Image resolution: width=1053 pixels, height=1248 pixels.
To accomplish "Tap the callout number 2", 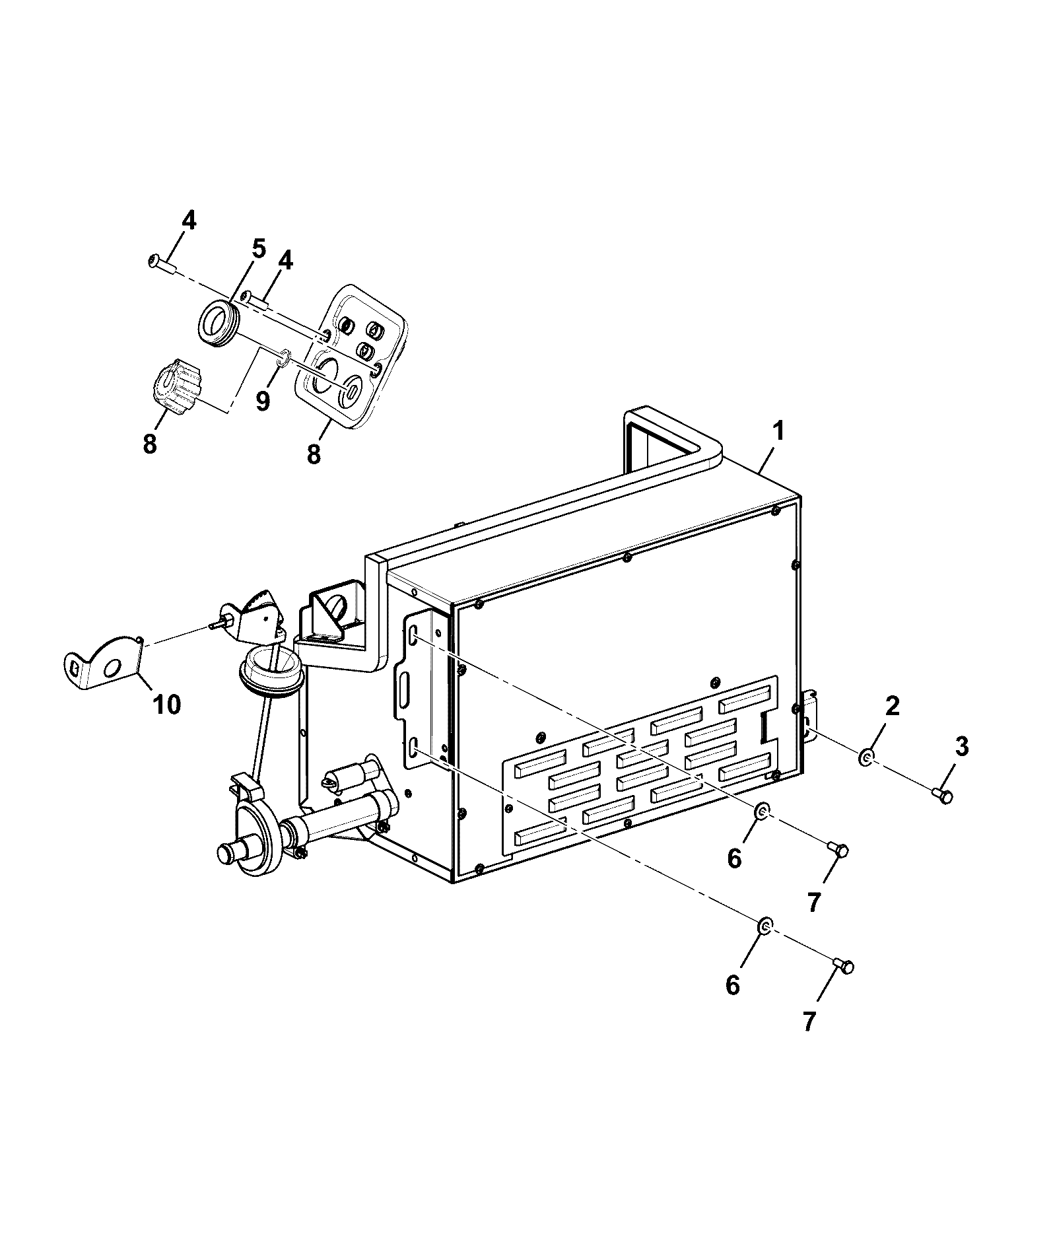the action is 892,707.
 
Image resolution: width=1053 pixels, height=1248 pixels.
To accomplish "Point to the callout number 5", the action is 258,250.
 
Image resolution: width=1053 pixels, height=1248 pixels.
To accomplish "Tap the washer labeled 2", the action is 867,757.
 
